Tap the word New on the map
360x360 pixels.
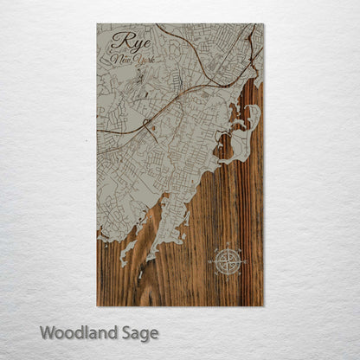pos(121,61)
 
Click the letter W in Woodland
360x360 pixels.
pos(47,332)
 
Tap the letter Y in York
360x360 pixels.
pos(133,61)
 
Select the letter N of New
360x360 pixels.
pos(115,61)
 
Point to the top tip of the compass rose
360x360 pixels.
pos(228,247)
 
